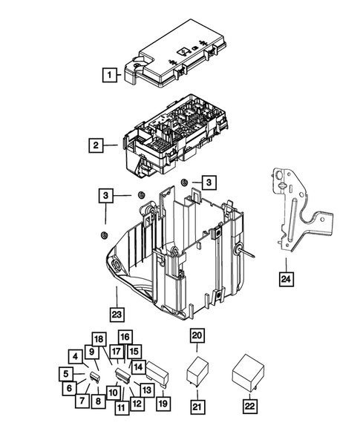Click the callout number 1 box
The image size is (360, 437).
point(109,74)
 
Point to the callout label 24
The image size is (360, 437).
point(286,279)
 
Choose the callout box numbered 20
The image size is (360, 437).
point(197,336)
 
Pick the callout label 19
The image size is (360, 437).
point(162,404)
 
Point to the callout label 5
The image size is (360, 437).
point(67,373)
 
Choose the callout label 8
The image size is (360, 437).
point(98,402)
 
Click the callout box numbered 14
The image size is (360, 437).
point(138,367)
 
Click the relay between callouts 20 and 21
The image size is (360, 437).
point(197,370)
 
